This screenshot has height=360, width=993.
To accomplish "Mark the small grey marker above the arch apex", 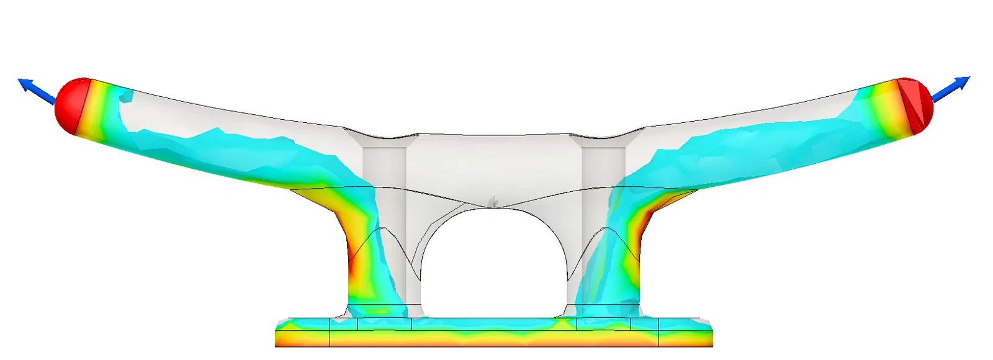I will [493, 200].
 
